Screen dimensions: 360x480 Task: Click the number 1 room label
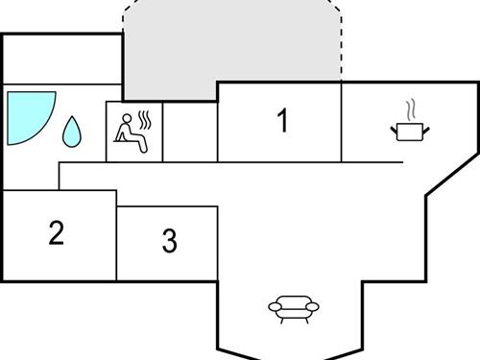[282, 122]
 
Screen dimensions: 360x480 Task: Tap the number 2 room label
[57, 232]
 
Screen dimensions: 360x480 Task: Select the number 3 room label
[170, 241]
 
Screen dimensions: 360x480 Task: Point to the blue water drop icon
[72, 132]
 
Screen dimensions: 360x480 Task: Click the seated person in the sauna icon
[130, 132]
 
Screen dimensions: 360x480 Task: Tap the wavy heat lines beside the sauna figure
[145, 120]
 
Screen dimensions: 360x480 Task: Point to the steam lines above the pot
[410, 107]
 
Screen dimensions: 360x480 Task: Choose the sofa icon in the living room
[294, 307]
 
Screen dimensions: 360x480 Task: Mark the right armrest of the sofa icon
[314, 308]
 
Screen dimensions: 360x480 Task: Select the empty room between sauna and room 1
[191, 132]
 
